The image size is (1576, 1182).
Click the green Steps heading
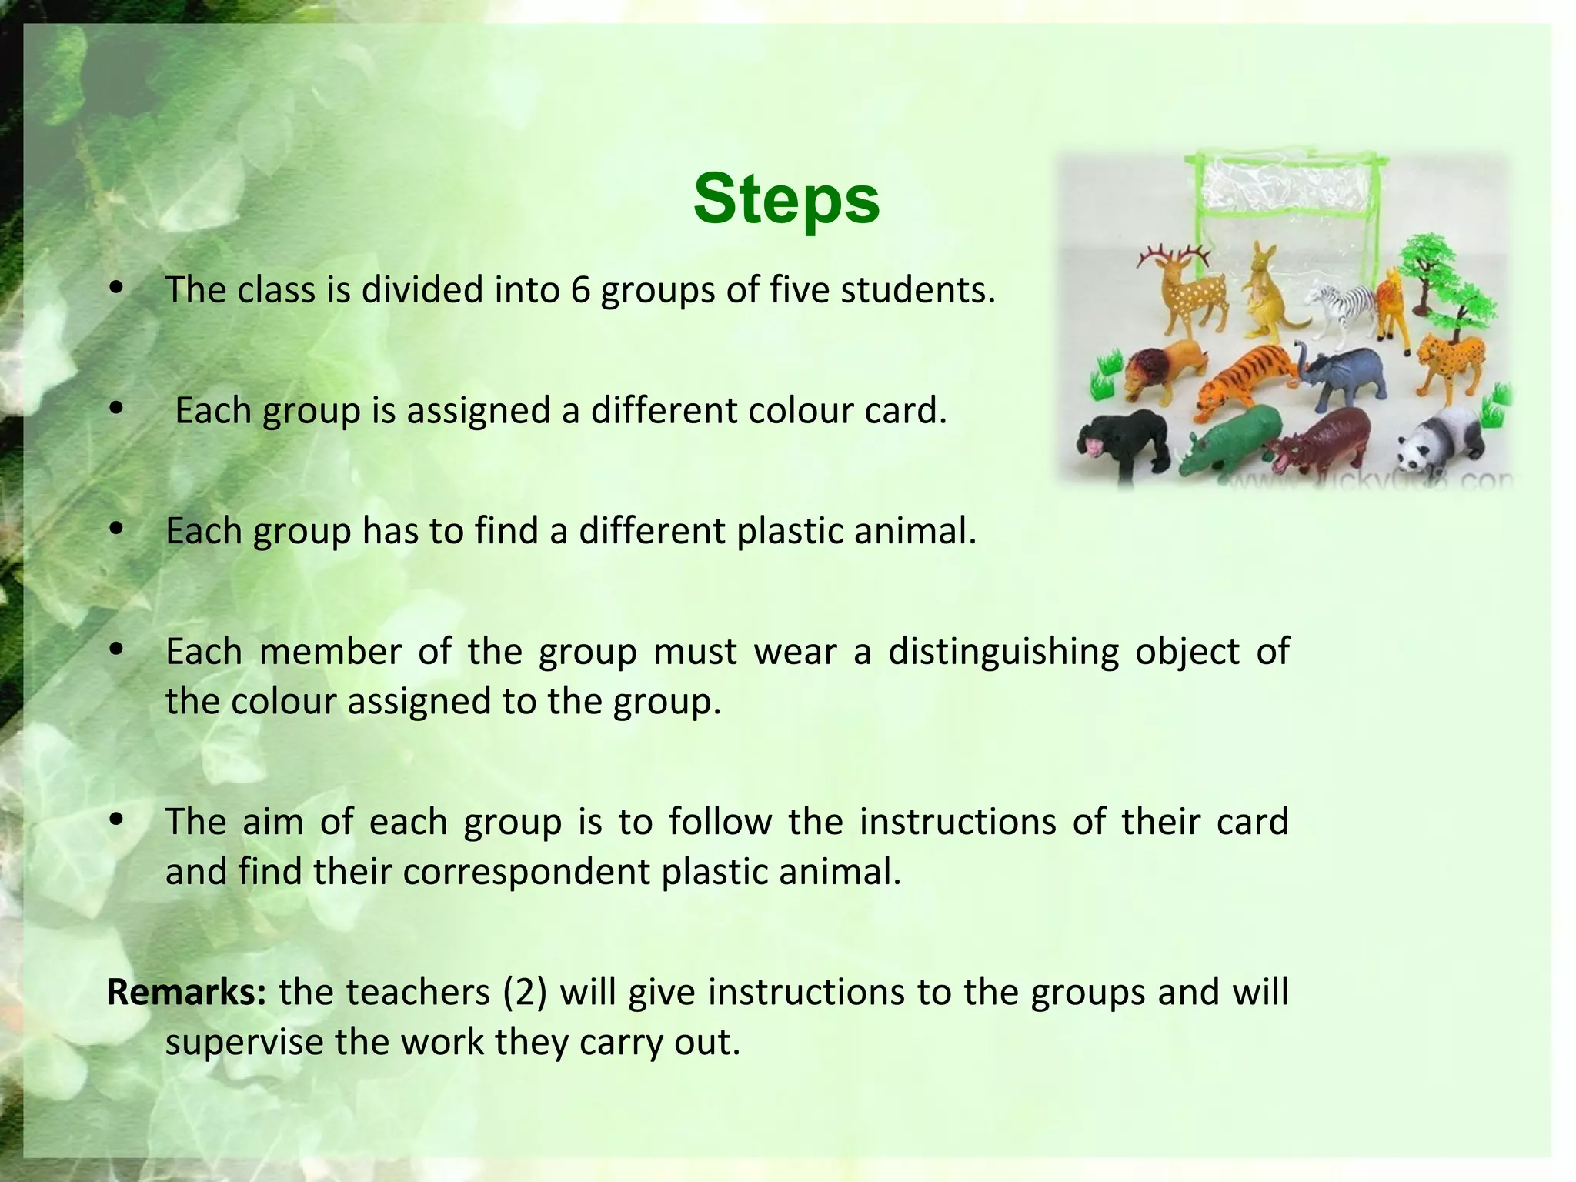tap(786, 199)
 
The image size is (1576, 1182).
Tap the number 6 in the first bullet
tap(580, 291)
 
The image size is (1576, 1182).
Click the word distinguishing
tap(1003, 652)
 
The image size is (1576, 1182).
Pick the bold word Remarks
tap(185, 992)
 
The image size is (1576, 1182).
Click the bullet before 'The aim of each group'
tap(117, 820)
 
